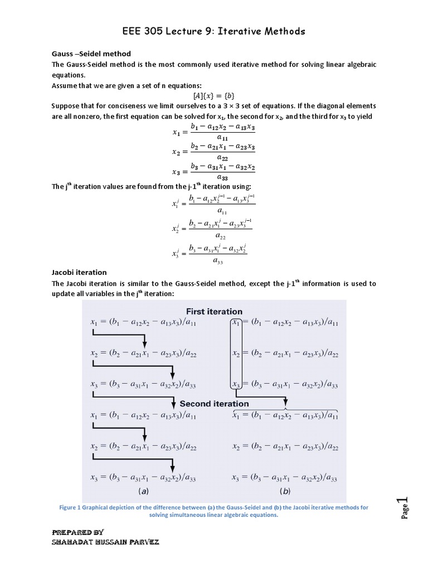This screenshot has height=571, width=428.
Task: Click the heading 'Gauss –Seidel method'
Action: (x=91, y=54)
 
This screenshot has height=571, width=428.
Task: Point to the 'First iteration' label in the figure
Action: (x=214, y=311)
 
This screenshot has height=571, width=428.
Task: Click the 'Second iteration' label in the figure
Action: (x=214, y=403)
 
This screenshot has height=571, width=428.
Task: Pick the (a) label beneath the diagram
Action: (x=143, y=492)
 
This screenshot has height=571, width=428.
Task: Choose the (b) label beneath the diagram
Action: (x=284, y=492)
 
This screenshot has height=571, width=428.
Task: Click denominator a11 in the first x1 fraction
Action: (x=222, y=138)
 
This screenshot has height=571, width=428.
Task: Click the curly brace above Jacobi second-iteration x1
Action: (x=284, y=409)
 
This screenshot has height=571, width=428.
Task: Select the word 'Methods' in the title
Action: (x=281, y=31)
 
